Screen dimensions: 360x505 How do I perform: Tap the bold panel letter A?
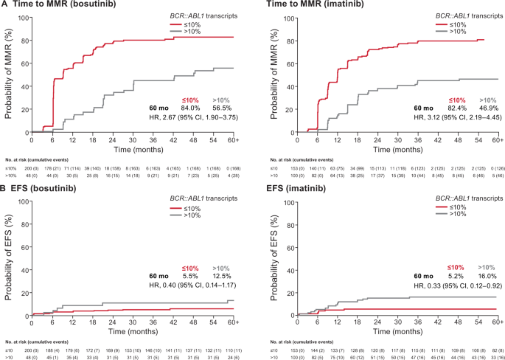point(4,7)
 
